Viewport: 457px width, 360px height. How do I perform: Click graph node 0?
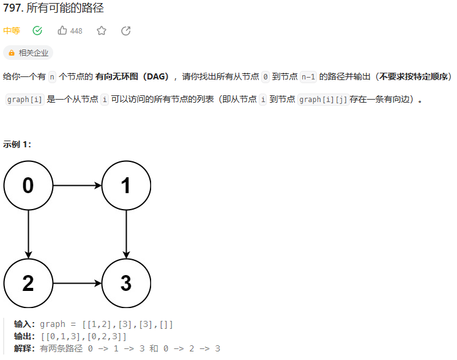click(x=28, y=185)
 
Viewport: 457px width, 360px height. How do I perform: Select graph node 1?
click(x=126, y=185)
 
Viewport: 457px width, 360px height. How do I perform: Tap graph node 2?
click(x=28, y=283)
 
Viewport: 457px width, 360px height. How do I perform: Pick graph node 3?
click(x=126, y=283)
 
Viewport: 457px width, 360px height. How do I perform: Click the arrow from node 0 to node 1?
click(x=77, y=185)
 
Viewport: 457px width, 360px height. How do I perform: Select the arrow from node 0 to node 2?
click(x=28, y=234)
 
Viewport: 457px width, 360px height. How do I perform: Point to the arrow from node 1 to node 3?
click(x=126, y=234)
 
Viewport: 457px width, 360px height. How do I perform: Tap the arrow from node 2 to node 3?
click(x=77, y=283)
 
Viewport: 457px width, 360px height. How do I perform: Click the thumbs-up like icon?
click(x=62, y=31)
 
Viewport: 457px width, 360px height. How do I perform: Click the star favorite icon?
click(x=102, y=31)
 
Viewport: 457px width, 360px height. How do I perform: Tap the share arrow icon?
click(x=126, y=31)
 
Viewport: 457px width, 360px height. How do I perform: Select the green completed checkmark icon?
click(x=37, y=31)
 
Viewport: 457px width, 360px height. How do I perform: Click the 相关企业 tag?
click(x=28, y=53)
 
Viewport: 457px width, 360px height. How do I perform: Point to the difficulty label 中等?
click(x=11, y=31)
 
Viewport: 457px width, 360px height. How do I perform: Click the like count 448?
click(x=76, y=31)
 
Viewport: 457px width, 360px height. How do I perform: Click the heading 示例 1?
click(x=17, y=144)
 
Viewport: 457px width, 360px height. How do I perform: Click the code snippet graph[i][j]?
click(x=323, y=100)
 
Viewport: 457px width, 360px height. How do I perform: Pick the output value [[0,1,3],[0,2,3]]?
click(x=84, y=336)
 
